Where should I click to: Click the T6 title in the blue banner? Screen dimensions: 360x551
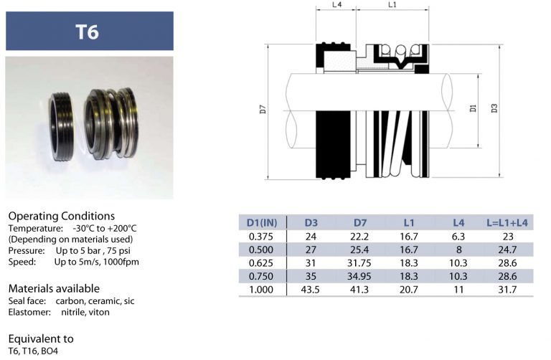88,32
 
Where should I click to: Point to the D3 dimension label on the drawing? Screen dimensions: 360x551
494,109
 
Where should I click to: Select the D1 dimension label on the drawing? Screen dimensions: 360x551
473,109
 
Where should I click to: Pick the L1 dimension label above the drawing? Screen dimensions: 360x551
392,5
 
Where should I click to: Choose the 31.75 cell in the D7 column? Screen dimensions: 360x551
361,262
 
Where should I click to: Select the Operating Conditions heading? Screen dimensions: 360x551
61,216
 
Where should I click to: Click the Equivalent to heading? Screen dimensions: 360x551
41,338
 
